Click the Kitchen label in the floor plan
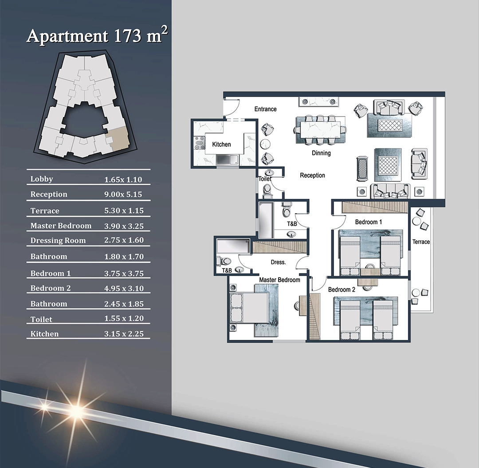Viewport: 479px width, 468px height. [x=221, y=144]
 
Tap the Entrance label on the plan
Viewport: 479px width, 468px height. [x=266, y=109]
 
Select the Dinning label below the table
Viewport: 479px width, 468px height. [x=321, y=153]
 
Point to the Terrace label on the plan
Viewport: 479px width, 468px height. [x=421, y=242]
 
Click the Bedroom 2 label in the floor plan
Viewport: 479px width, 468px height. [x=342, y=289]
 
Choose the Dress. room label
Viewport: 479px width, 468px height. [x=278, y=262]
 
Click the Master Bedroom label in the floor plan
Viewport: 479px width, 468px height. [x=279, y=280]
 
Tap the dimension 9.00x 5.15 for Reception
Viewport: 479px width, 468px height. [x=123, y=195]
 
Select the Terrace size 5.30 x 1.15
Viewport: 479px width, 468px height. [x=124, y=211]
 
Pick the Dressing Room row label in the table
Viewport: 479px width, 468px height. [x=58, y=241]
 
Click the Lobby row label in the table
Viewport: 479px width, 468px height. [x=42, y=179]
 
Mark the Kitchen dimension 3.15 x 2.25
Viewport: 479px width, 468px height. [x=124, y=334]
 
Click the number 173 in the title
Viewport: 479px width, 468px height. [x=128, y=36]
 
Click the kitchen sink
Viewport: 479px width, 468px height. [x=228, y=160]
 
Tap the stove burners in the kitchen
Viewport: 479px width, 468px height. [x=199, y=143]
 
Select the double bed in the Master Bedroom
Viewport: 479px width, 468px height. [x=249, y=308]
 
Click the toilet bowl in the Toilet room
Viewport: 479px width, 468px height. [x=267, y=189]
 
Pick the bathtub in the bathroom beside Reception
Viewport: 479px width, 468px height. [x=266, y=220]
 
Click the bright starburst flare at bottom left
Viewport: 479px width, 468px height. [x=77, y=410]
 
